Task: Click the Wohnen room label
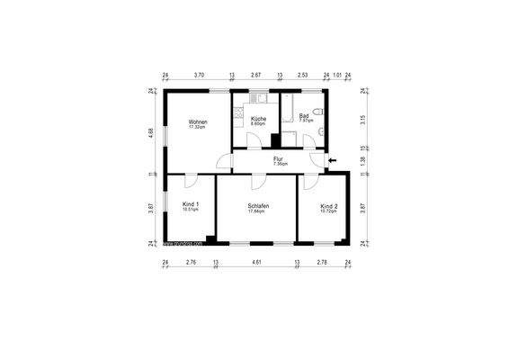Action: click(198, 122)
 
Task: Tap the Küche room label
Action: click(258, 119)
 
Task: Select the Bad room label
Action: click(306, 116)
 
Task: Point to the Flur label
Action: click(280, 160)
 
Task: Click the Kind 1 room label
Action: click(190, 205)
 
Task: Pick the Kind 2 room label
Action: click(329, 207)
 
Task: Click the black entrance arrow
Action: click(333, 161)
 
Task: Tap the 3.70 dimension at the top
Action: click(199, 76)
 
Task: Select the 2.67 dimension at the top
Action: click(255, 76)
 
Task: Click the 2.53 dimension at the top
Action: click(303, 76)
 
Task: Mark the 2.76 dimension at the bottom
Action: click(191, 262)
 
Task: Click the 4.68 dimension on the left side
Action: click(151, 132)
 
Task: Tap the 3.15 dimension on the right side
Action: click(362, 117)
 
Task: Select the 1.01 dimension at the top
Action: click(336, 76)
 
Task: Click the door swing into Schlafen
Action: click(258, 179)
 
